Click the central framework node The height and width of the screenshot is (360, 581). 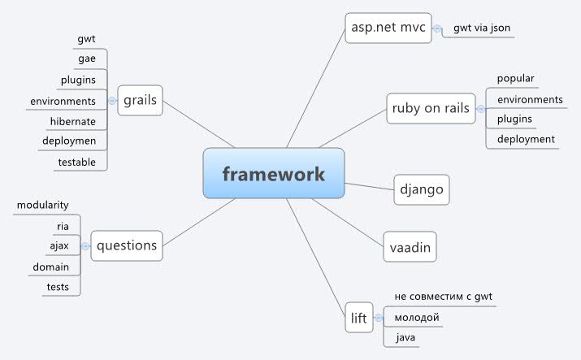click(x=274, y=173)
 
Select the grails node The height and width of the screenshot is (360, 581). click(x=140, y=102)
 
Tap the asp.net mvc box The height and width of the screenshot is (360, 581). click(x=387, y=28)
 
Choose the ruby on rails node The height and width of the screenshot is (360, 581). click(x=431, y=108)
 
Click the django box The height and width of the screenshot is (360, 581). click(x=421, y=189)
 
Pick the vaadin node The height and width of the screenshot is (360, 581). click(x=410, y=245)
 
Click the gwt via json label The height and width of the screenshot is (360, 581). click(x=482, y=28)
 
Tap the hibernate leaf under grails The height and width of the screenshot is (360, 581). click(x=73, y=121)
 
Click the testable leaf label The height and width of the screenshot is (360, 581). click(x=76, y=162)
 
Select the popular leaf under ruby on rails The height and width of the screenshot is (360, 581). click(x=515, y=78)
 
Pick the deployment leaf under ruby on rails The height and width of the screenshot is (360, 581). click(x=526, y=139)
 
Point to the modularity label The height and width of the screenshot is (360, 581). click(x=42, y=205)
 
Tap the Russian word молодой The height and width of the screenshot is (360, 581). click(x=416, y=317)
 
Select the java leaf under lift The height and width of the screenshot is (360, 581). click(x=405, y=336)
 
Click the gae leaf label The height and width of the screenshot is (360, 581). click(x=86, y=59)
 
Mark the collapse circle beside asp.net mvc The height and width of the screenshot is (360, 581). click(x=437, y=28)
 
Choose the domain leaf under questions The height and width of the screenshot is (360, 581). click(x=50, y=267)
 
